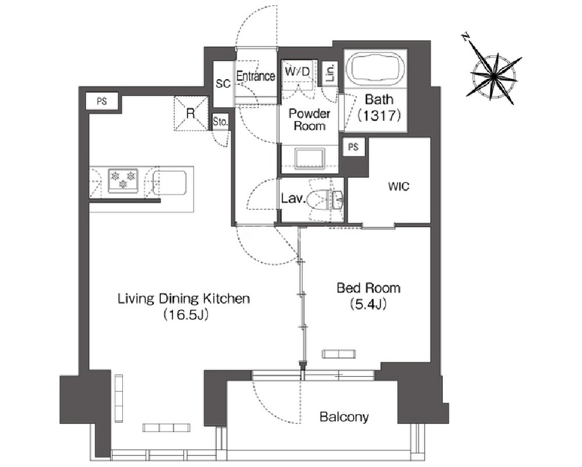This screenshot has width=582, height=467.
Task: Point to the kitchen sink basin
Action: pyautogui.click(x=170, y=183)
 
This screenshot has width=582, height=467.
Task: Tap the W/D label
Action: pyautogui.click(x=297, y=71)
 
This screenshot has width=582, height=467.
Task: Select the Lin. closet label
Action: pyautogui.click(x=330, y=72)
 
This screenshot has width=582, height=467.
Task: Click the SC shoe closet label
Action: pyautogui.click(x=223, y=83)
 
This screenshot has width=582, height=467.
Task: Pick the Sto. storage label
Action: pyautogui.click(x=220, y=121)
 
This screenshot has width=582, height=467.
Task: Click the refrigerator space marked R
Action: pyautogui.click(x=191, y=114)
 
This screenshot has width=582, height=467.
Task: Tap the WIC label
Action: pyautogui.click(x=398, y=186)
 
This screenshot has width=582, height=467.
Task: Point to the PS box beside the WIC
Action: pyautogui.click(x=354, y=147)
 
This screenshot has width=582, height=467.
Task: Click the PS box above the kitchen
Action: pyautogui.click(x=102, y=101)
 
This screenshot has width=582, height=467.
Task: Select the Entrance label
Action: pyautogui.click(x=256, y=76)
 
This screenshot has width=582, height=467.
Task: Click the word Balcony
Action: pyautogui.click(x=344, y=417)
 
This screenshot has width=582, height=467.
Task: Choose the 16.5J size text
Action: pyautogui.click(x=185, y=315)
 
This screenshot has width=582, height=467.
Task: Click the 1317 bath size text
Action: pyautogui.click(x=379, y=115)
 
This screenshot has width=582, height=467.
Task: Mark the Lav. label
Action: pyautogui.click(x=293, y=199)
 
